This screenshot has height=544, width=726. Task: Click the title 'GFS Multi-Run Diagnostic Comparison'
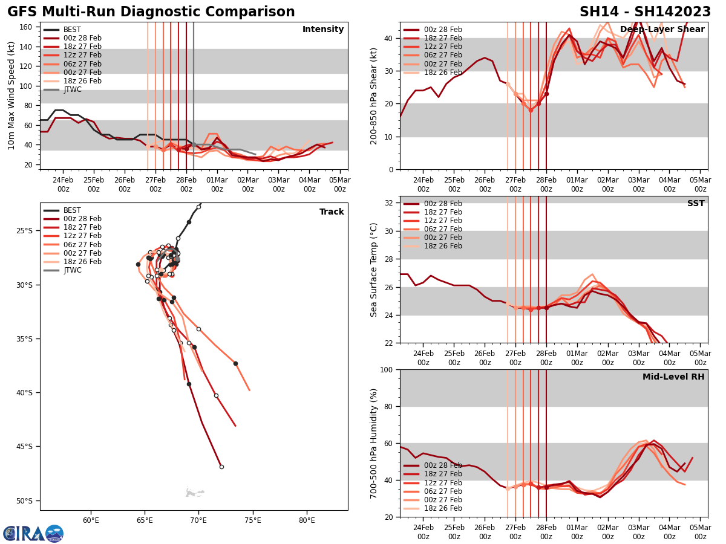tap(151, 12)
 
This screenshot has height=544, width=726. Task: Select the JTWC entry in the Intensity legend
tap(72, 89)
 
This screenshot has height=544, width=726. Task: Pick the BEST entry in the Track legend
tap(72, 210)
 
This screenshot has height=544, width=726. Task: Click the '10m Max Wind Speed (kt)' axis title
tap(11, 96)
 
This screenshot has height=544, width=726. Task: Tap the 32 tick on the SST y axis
tap(390, 202)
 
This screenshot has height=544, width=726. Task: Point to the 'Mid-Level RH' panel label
tap(673, 377)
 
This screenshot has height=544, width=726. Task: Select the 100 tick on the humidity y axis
tap(386, 369)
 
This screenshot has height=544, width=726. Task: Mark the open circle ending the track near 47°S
tap(221, 467)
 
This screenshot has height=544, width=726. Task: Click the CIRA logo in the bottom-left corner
tap(33, 533)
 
